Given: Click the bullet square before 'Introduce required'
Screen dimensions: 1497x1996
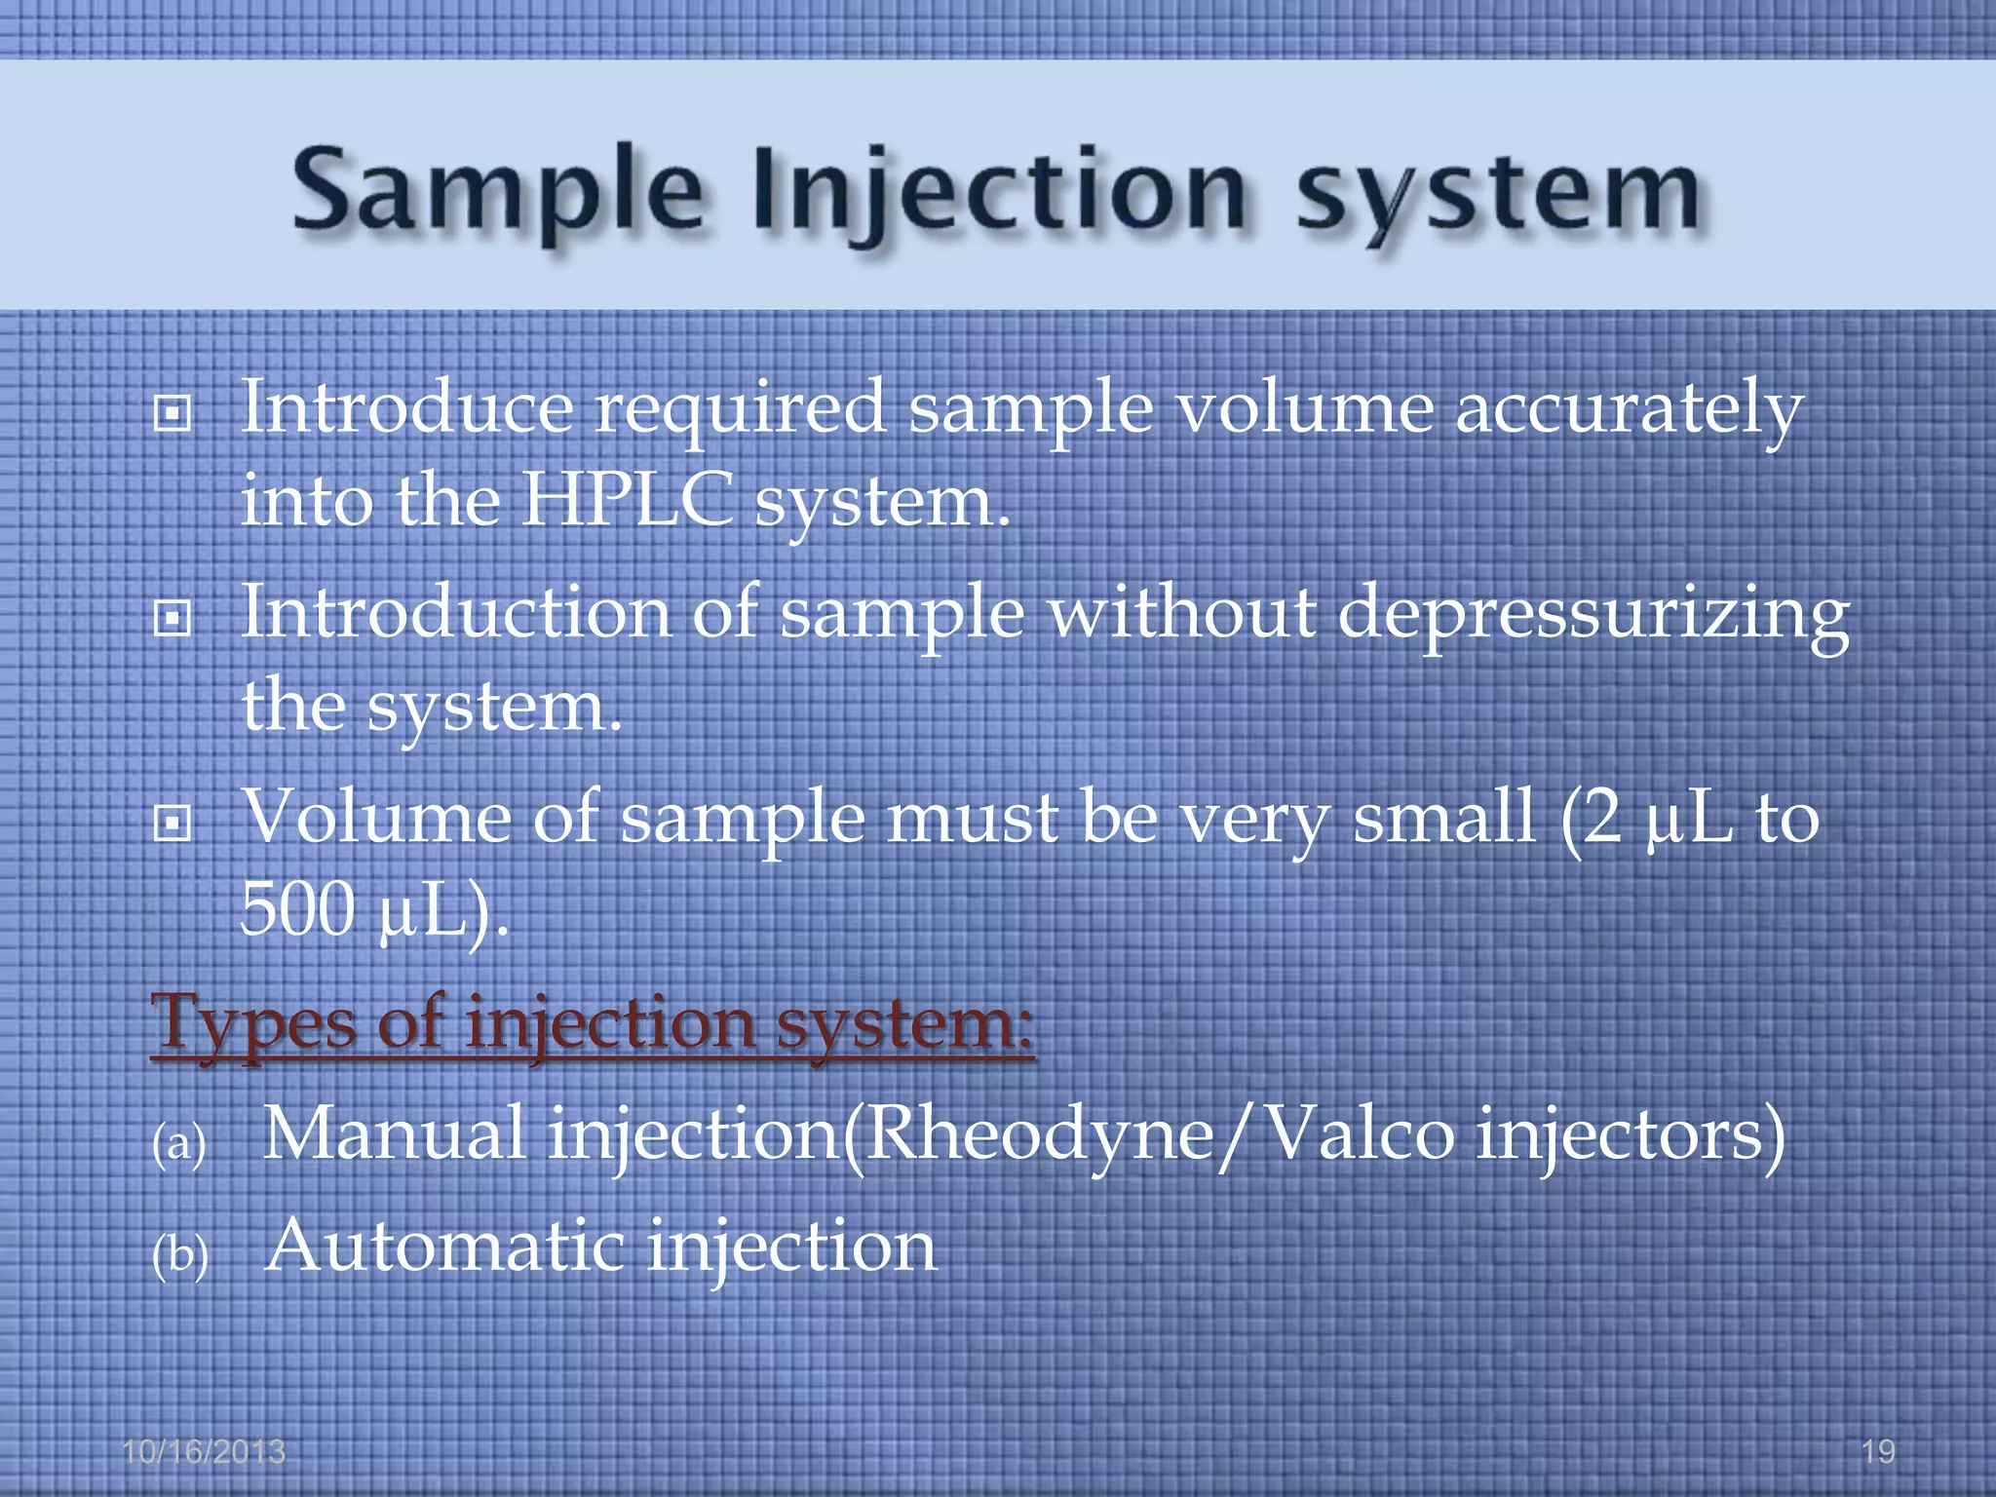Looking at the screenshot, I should point(173,415).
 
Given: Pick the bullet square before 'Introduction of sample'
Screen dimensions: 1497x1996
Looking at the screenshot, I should point(173,618).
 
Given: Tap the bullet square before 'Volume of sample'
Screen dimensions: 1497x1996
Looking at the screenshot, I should point(173,825).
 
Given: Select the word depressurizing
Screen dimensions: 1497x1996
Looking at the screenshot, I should point(1593,616).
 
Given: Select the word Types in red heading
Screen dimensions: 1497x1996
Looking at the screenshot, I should point(253,1025).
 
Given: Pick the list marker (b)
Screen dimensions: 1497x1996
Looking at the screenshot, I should point(180,1255).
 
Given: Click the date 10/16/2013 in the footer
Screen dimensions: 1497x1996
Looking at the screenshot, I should point(204,1452).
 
